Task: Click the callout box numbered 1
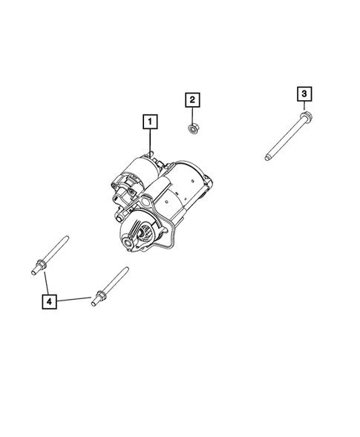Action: point(150,120)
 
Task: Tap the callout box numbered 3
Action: point(304,93)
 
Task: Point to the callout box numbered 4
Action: point(48,301)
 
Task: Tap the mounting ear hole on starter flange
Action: point(146,201)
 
